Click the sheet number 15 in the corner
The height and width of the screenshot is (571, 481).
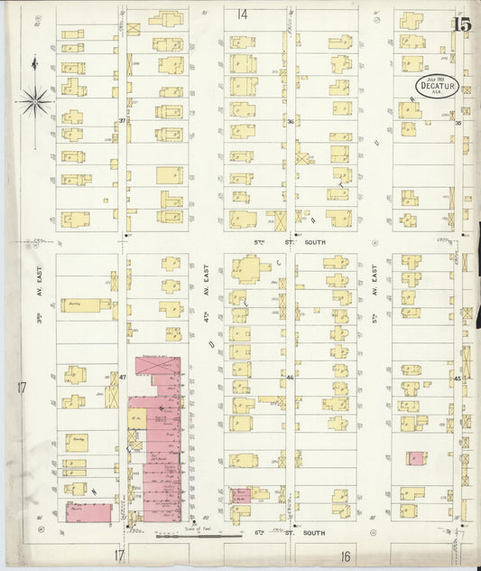point(462,23)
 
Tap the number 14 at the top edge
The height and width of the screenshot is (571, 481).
point(241,14)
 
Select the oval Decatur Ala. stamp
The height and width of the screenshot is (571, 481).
point(437,86)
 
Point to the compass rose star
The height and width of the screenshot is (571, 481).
point(35,102)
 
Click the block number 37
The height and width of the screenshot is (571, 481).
point(122,120)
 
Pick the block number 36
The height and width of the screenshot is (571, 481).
point(291,121)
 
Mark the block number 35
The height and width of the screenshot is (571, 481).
point(458,123)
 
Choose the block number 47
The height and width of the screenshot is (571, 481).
point(122,376)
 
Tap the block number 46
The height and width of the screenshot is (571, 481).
point(291,377)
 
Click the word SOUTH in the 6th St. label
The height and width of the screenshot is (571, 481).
point(313,533)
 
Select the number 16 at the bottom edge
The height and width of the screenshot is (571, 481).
point(345,556)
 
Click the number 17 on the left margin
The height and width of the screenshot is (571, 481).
point(20,388)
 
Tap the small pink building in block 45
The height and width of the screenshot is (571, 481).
point(415,458)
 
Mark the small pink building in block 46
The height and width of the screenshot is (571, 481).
point(241,495)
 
